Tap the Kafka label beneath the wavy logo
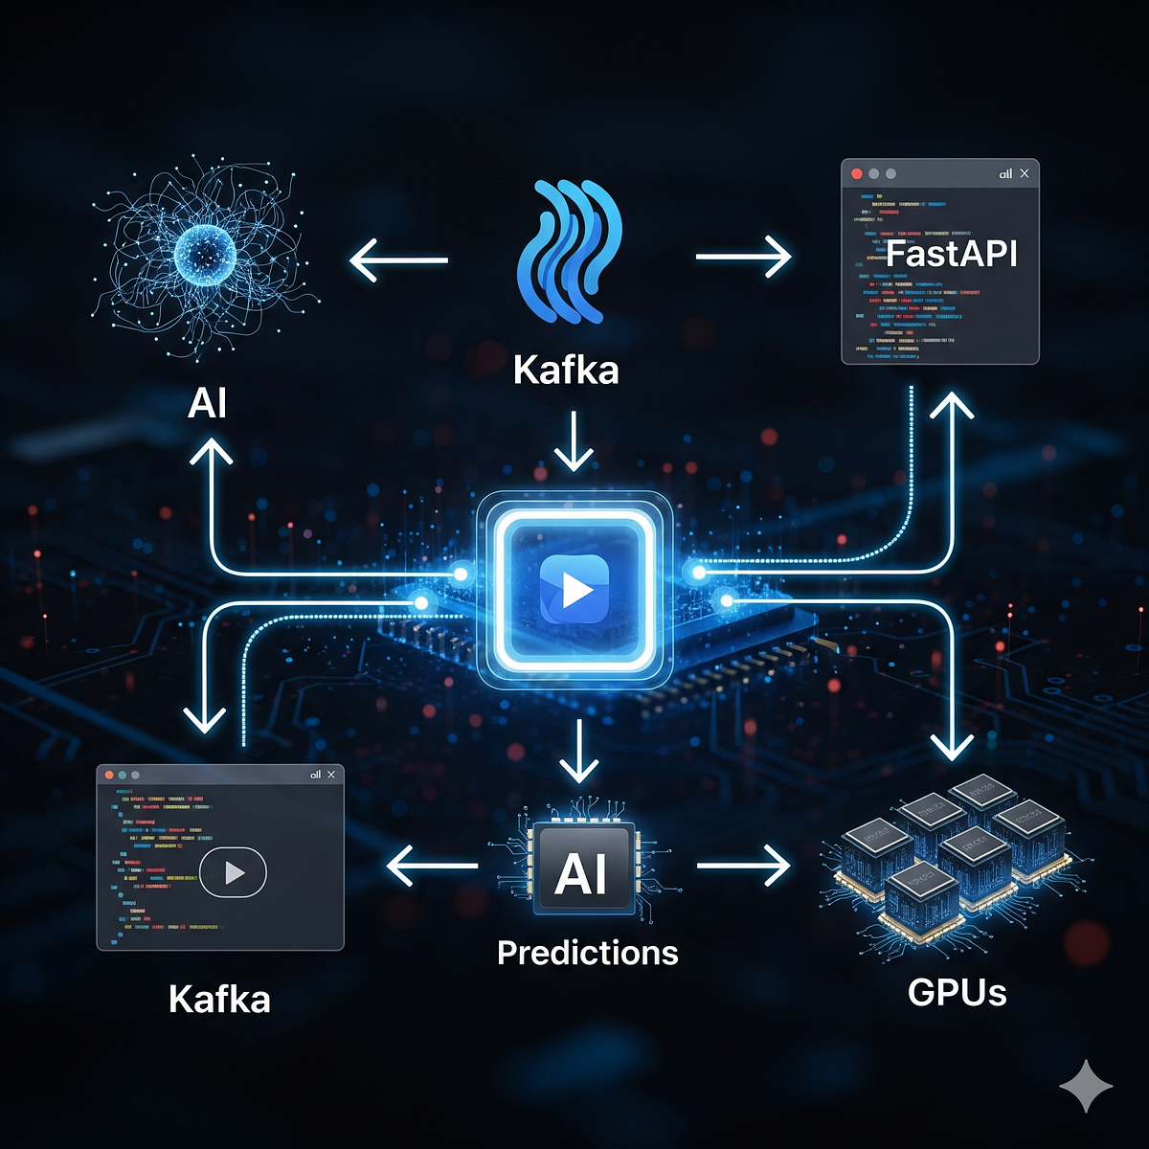pyautogui.click(x=566, y=370)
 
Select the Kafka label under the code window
pyautogui.click(x=219, y=999)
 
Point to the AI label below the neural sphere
pyautogui.click(x=208, y=403)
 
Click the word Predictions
pyautogui.click(x=588, y=953)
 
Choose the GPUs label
pyautogui.click(x=957, y=992)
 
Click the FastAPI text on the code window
pyautogui.click(x=951, y=254)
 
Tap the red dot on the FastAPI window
pyautogui.click(x=857, y=174)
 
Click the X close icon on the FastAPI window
pyautogui.click(x=1025, y=173)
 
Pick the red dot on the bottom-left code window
pyautogui.click(x=109, y=775)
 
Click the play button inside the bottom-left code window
pyautogui.click(x=233, y=872)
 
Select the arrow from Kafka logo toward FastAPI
pyautogui.click(x=743, y=257)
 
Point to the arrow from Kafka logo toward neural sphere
pyautogui.click(x=398, y=259)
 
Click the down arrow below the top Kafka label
pyautogui.click(x=574, y=441)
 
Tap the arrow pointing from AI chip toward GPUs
pyautogui.click(x=743, y=867)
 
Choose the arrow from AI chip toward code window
pyautogui.click(x=432, y=867)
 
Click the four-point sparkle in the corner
pyautogui.click(x=1086, y=1085)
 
